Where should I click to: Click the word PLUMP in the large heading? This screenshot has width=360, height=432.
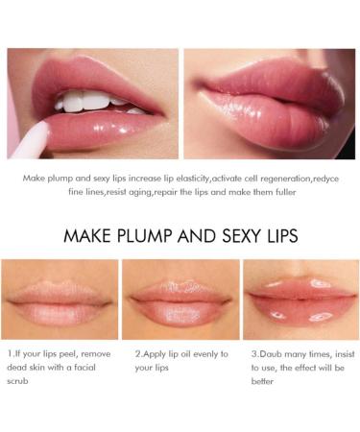[x=145, y=235]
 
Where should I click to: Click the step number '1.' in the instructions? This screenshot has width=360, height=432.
[x=11, y=353]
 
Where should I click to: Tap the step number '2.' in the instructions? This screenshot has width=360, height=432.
[x=140, y=353]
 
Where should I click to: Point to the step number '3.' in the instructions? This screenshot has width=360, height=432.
[x=252, y=353]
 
